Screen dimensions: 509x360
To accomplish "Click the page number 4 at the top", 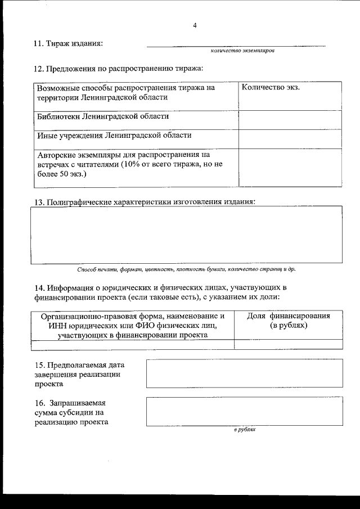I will (x=195, y=25).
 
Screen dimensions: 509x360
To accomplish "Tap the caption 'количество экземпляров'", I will (x=242, y=51).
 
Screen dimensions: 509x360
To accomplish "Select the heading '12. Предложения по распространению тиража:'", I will (x=119, y=69).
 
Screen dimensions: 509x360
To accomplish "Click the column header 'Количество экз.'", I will (x=270, y=88).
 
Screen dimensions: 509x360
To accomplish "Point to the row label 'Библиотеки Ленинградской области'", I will (x=102, y=117).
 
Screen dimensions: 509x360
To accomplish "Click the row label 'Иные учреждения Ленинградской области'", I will (x=114, y=135).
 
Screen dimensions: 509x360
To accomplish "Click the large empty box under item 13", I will (x=186, y=235).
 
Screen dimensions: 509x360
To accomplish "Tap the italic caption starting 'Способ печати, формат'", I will (x=186, y=269).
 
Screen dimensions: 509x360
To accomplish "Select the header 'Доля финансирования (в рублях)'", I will (x=288, y=321).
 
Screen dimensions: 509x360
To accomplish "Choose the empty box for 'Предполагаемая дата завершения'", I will (x=244, y=373).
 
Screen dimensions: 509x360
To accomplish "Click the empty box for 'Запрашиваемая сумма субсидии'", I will (x=244, y=412).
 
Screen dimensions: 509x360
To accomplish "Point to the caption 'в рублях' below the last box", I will (x=245, y=429).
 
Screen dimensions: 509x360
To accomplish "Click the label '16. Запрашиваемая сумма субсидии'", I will (x=72, y=413).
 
